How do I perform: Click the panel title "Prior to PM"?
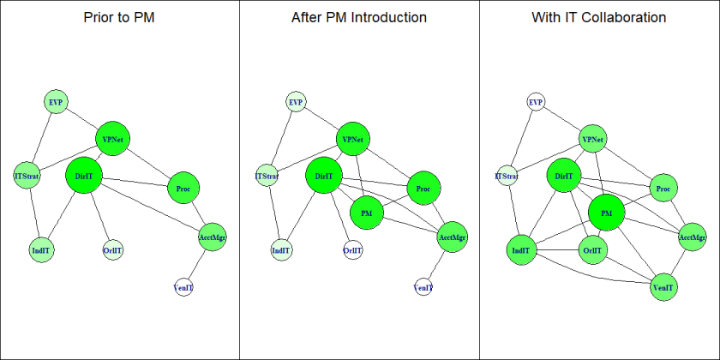(x=119, y=17)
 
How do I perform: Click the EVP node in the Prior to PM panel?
(x=56, y=102)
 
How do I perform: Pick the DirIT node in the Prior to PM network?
(x=84, y=176)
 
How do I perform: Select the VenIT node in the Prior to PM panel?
(x=183, y=287)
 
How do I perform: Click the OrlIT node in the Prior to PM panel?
(x=112, y=251)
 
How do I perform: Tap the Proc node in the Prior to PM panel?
(x=183, y=188)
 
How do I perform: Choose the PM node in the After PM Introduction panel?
(x=367, y=212)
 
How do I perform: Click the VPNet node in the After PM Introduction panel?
(x=352, y=139)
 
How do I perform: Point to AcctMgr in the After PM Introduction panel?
(x=452, y=237)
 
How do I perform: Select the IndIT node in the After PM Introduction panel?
(x=280, y=251)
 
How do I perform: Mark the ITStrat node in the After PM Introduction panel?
(x=267, y=177)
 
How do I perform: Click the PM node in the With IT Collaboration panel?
(x=607, y=212)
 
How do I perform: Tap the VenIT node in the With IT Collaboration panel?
(x=663, y=287)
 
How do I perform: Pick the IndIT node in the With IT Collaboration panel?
(x=520, y=251)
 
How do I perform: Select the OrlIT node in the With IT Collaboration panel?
(x=591, y=251)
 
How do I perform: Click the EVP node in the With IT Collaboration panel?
(x=536, y=102)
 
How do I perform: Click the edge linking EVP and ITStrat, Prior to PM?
(x=42, y=138)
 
